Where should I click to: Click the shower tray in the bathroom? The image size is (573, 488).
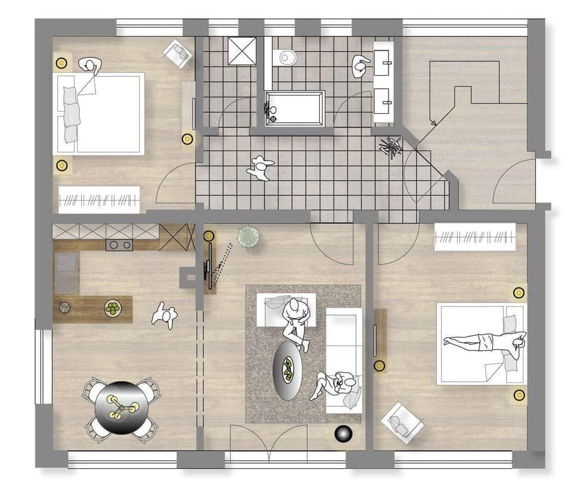click(x=242, y=51)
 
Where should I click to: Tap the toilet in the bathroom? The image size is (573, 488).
click(x=287, y=58)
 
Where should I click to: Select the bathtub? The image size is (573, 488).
click(x=295, y=108)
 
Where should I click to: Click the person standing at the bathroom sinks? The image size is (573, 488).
click(x=362, y=66)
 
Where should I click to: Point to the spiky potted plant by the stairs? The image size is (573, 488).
click(x=392, y=146)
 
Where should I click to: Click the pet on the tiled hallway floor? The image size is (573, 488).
click(x=260, y=168)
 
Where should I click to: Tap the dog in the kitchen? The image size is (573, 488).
click(x=164, y=314)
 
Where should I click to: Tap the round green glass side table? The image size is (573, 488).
click(x=248, y=237)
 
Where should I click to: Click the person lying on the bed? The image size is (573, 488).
click(x=485, y=342)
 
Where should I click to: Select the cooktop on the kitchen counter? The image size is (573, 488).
click(x=119, y=245)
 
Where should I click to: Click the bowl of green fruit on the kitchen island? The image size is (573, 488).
click(x=112, y=308)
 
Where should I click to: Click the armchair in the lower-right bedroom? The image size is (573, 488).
click(x=402, y=422)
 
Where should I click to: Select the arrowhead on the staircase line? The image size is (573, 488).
click(x=433, y=123)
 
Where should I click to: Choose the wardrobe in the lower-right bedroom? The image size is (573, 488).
click(x=475, y=237)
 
